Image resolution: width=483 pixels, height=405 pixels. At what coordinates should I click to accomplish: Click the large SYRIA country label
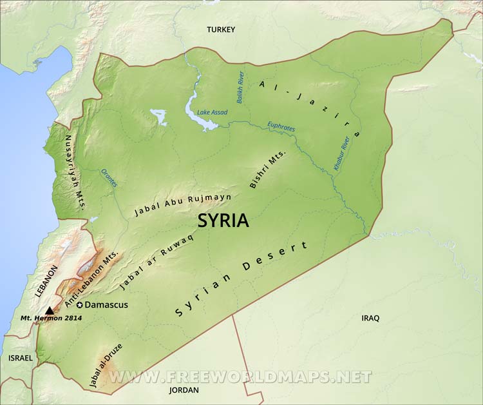coord(223,221)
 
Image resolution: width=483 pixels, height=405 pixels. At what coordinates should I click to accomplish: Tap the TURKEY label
coord(221,30)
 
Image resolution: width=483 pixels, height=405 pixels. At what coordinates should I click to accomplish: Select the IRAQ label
coord(370,318)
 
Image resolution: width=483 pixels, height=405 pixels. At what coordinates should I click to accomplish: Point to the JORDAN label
coord(184,390)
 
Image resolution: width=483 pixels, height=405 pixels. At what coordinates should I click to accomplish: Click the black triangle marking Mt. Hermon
coord(50,310)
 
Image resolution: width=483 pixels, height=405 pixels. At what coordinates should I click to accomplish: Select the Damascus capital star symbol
coord(80,304)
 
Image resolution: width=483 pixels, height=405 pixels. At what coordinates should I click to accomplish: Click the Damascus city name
coord(106,304)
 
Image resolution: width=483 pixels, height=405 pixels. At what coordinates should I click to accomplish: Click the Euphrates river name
coord(281,126)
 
